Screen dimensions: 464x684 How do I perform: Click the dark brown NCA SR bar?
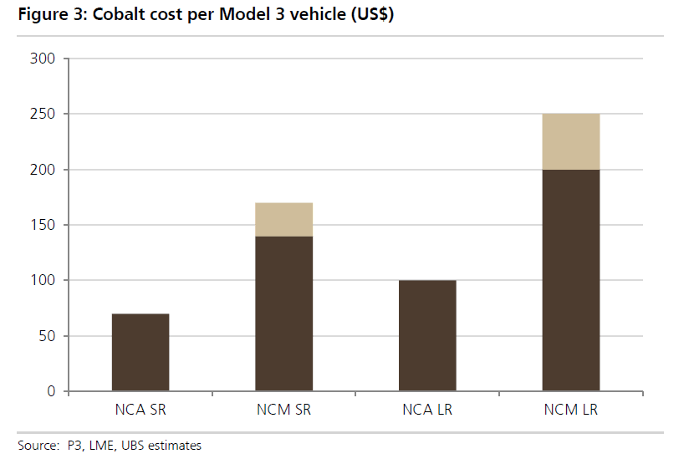pos(140,352)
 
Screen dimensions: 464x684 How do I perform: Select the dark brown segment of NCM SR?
pos(283,314)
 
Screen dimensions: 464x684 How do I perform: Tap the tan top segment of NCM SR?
pos(283,219)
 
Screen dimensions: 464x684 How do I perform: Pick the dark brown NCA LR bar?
pos(427,335)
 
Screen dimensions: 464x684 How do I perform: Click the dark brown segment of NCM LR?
pos(571,280)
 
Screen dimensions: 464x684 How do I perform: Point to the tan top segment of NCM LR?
pos(571,141)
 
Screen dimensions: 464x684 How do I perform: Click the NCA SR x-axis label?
pos(140,410)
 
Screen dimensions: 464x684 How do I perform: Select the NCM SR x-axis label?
pos(283,410)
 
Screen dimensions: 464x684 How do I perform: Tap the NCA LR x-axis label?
pos(427,410)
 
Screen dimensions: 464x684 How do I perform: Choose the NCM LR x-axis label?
pos(571,410)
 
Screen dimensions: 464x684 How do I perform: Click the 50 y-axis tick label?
pos(47,336)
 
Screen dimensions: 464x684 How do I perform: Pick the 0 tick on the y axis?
pos(51,391)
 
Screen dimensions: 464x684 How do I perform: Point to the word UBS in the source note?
pos(133,446)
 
